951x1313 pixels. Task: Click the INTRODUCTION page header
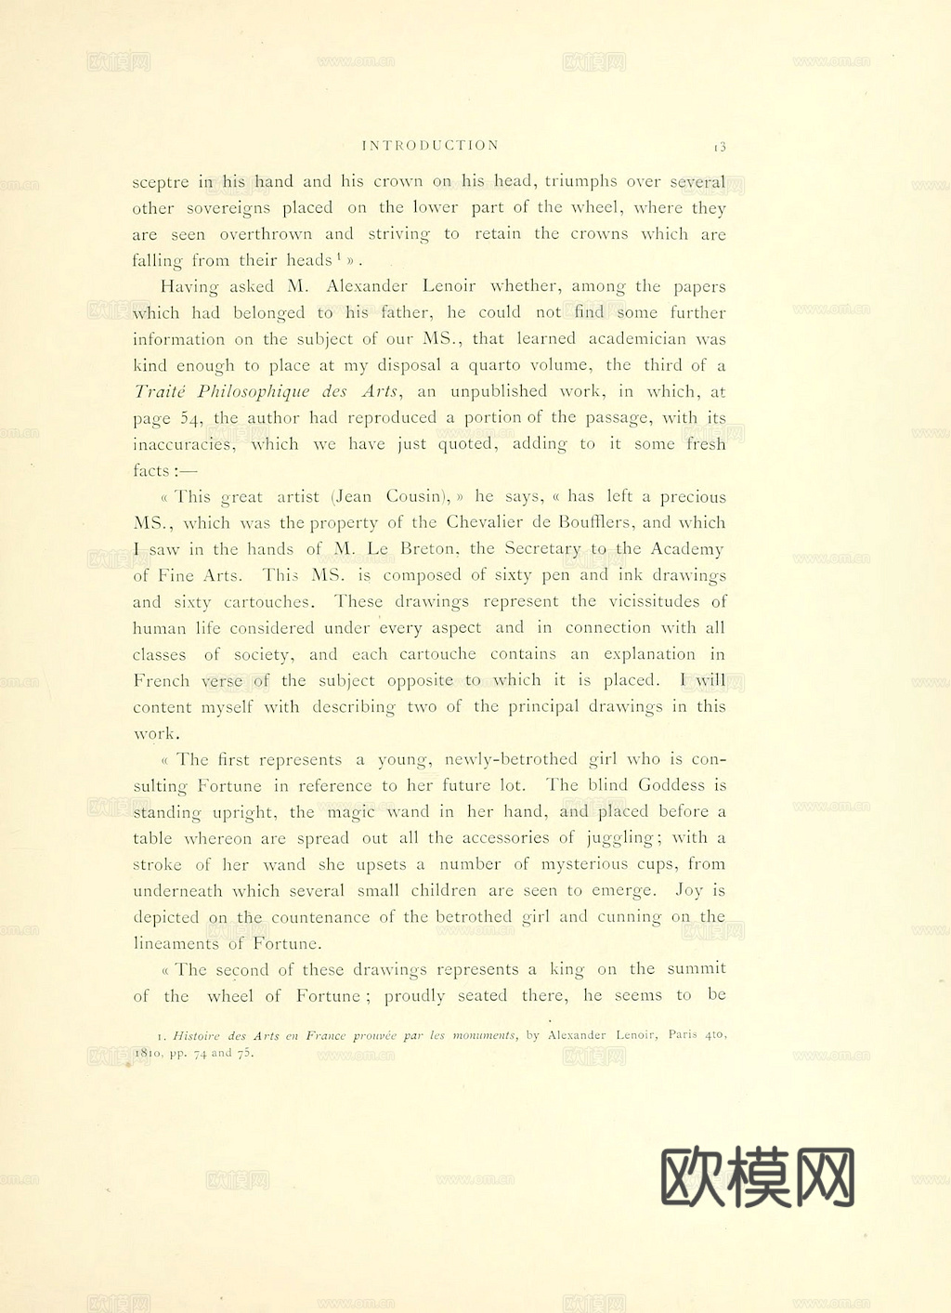[430, 146]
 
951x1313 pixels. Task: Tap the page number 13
[720, 147]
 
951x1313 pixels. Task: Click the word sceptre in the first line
[161, 183]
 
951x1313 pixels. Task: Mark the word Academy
[686, 549]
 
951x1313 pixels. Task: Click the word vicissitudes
[655, 601]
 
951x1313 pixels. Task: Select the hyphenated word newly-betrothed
[511, 759]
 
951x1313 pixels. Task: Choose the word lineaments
[176, 943]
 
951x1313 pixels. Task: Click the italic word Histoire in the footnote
[197, 1035]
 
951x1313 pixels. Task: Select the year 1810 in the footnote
[149, 1054]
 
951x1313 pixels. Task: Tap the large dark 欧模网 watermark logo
[758, 1176]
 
